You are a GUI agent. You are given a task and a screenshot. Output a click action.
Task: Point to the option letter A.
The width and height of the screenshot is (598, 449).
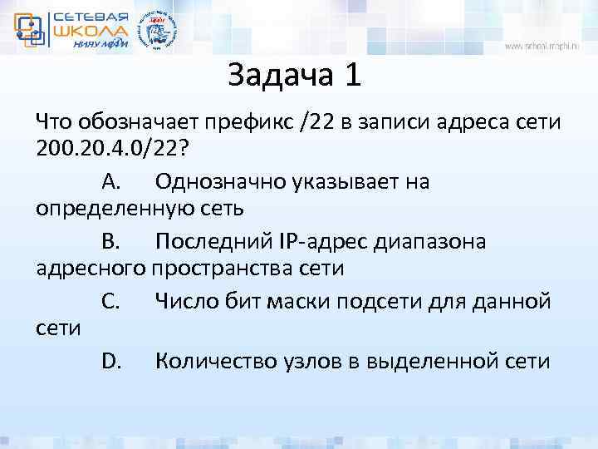coord(112,181)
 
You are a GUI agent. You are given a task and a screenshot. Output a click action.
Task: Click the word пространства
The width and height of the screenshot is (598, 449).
coord(221,269)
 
